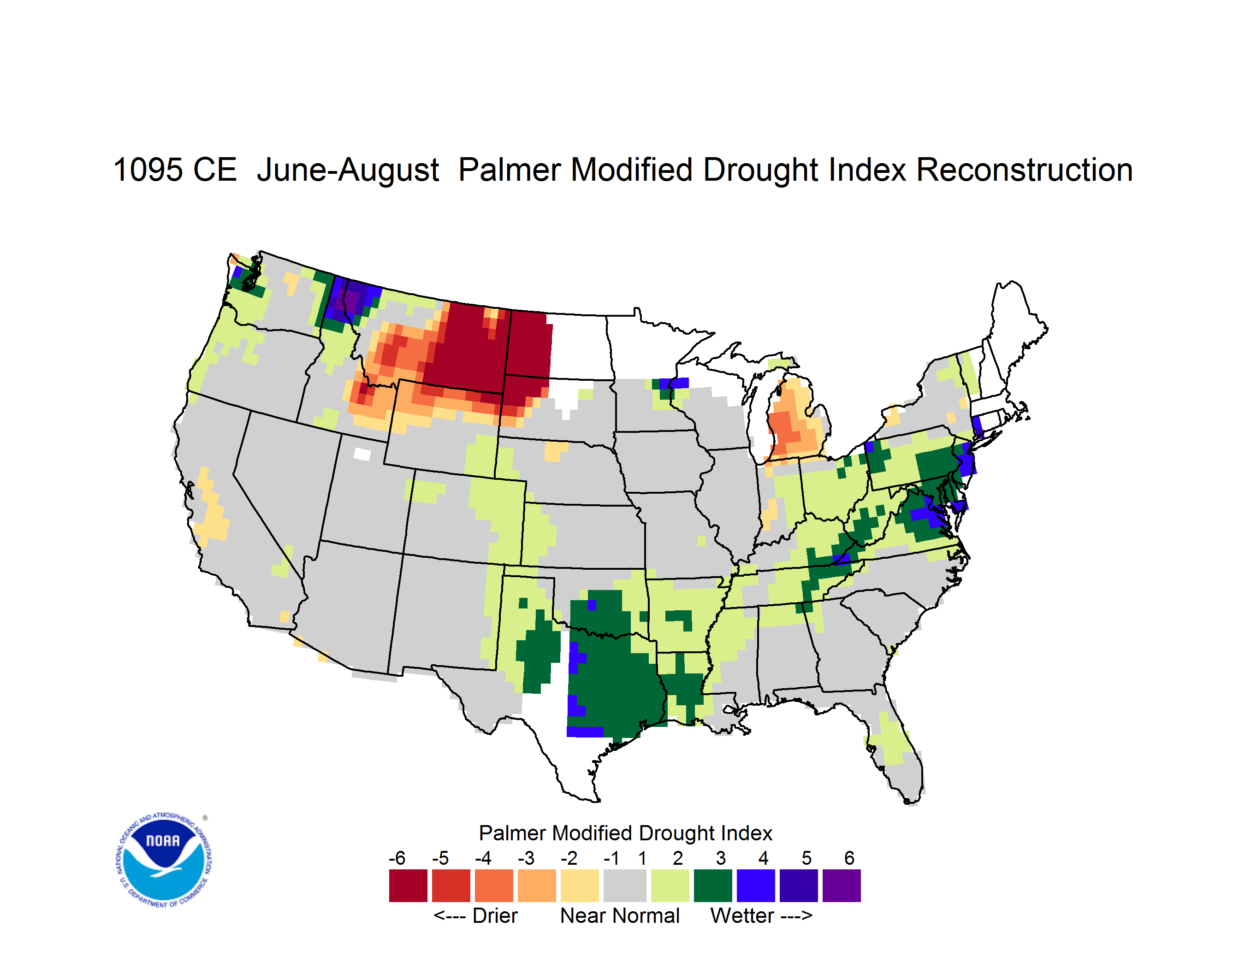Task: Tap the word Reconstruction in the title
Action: (1025, 170)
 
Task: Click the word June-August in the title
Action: (348, 170)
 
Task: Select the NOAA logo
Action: (164, 860)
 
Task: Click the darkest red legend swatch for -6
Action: (408, 885)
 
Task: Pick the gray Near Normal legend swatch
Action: (625, 885)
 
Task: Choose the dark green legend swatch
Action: (712, 885)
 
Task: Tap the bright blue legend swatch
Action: (755, 885)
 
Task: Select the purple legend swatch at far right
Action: (842, 885)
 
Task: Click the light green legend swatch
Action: (670, 885)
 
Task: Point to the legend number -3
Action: (526, 858)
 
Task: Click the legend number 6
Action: (849, 858)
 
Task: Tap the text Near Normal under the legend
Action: (620, 915)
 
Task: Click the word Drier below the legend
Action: (495, 915)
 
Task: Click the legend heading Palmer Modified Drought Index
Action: (625, 833)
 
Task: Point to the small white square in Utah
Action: (362, 454)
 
